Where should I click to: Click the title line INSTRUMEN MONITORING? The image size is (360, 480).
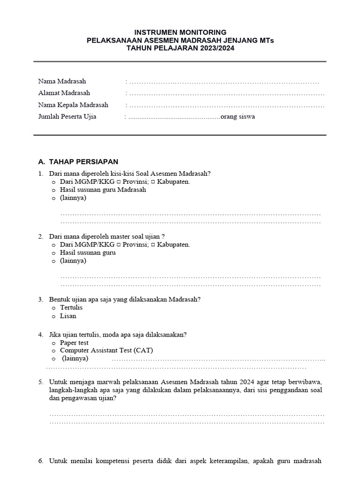point(180,32)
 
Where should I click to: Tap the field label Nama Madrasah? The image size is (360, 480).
point(62,82)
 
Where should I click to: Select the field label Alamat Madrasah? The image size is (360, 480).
point(64,93)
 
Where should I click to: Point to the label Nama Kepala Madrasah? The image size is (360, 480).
point(73,105)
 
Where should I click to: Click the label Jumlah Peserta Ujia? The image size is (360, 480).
point(67,116)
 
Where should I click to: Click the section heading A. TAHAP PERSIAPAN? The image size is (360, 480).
point(78,162)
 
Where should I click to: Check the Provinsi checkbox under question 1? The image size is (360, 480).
point(119,182)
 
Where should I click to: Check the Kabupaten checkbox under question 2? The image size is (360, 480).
point(153,245)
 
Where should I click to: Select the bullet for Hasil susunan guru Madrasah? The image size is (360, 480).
point(53,190)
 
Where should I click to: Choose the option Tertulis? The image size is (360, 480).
point(71,307)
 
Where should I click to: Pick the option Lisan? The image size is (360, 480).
point(67,316)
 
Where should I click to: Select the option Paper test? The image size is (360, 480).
point(74,343)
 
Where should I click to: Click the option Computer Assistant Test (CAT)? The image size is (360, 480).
point(106,350)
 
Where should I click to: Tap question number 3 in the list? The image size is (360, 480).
point(41,299)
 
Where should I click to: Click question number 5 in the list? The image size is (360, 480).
point(41,382)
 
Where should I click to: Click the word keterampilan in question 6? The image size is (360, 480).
point(226,461)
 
